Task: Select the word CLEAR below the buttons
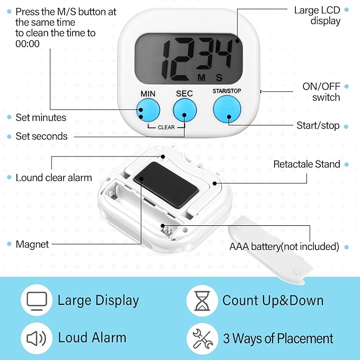coord(165,127)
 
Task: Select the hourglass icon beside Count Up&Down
coord(202,301)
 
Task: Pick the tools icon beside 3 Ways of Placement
coord(202,338)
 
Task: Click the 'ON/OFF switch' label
coord(321,92)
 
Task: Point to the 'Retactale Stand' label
coord(306,164)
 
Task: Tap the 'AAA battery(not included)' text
coord(284,247)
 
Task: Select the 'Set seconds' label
coord(41,136)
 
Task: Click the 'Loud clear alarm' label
coord(54,178)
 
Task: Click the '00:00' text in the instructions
coord(28,43)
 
